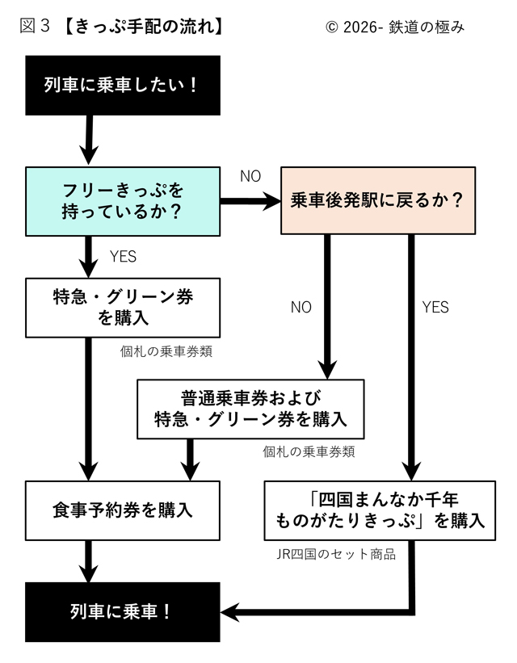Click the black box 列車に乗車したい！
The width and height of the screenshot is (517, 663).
click(122, 84)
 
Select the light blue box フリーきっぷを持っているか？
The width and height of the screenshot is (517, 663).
click(122, 201)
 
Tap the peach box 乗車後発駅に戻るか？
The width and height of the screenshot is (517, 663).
click(376, 201)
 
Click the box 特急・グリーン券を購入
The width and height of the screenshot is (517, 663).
click(122, 308)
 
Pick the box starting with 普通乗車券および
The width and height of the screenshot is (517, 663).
click(250, 409)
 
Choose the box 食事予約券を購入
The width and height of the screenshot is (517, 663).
click(122, 510)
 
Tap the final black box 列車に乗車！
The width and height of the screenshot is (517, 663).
click(122, 611)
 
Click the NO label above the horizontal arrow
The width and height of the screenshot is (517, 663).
click(250, 177)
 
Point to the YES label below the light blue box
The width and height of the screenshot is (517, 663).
click(122, 258)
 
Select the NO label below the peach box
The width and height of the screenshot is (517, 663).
click(301, 308)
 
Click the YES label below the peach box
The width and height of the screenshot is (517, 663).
click(435, 308)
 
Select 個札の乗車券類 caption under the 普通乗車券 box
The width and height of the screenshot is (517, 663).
click(309, 452)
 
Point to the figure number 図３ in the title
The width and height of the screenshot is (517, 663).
click(35, 26)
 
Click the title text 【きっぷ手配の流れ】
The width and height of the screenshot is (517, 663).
click(141, 26)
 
